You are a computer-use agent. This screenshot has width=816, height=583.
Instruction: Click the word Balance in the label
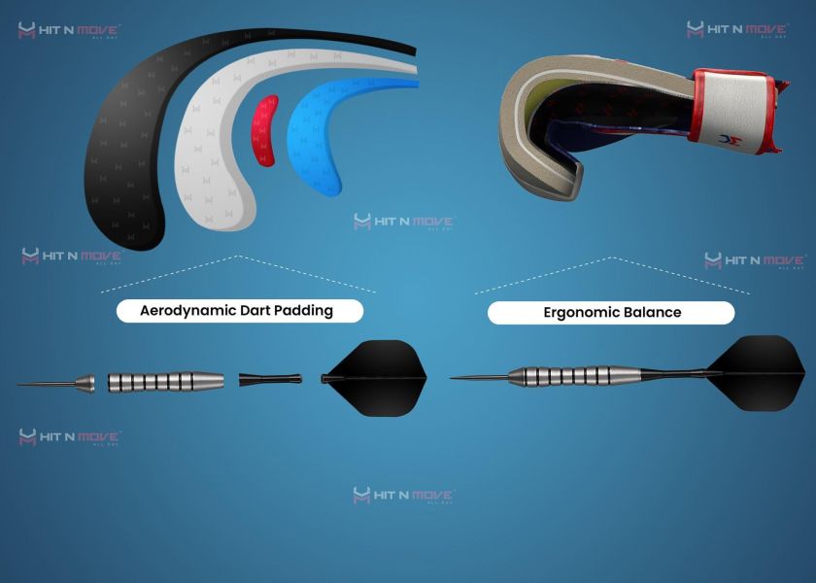tap(655, 313)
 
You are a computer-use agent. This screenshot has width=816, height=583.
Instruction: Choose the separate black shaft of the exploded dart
tap(268, 379)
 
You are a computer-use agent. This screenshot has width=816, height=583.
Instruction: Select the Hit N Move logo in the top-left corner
tap(68, 31)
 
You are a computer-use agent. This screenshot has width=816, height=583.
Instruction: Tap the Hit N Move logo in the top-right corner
tap(735, 30)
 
